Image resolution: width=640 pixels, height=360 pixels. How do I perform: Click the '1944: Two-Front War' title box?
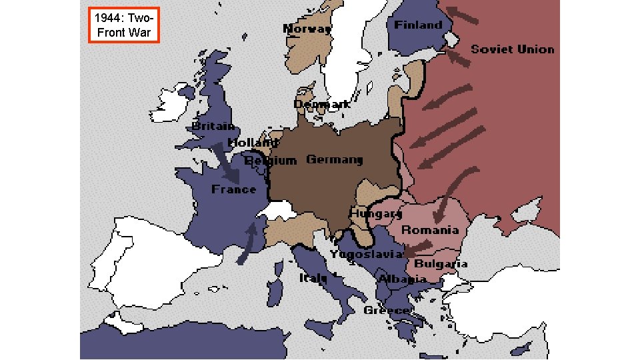click(123, 25)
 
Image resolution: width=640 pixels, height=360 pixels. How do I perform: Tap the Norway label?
click(307, 29)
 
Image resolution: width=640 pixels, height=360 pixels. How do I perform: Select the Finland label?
click(418, 25)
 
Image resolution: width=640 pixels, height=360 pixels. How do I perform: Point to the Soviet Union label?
click(512, 49)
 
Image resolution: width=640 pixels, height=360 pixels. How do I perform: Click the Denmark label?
click(322, 104)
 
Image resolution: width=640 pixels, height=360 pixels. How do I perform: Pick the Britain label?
click(213, 126)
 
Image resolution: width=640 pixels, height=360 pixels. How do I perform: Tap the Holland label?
click(251, 143)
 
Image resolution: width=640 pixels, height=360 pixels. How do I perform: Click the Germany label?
click(334, 159)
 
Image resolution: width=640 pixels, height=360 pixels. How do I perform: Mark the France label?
click(233, 189)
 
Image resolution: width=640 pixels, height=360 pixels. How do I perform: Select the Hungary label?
click(375, 214)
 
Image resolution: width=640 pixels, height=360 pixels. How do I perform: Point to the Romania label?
click(429, 230)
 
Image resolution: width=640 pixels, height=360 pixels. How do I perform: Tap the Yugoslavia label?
click(366, 254)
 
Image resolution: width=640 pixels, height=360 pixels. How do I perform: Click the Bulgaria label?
click(441, 263)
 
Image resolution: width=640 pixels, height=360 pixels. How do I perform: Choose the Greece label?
click(386, 311)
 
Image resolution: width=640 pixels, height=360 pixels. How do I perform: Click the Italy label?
click(312, 277)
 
